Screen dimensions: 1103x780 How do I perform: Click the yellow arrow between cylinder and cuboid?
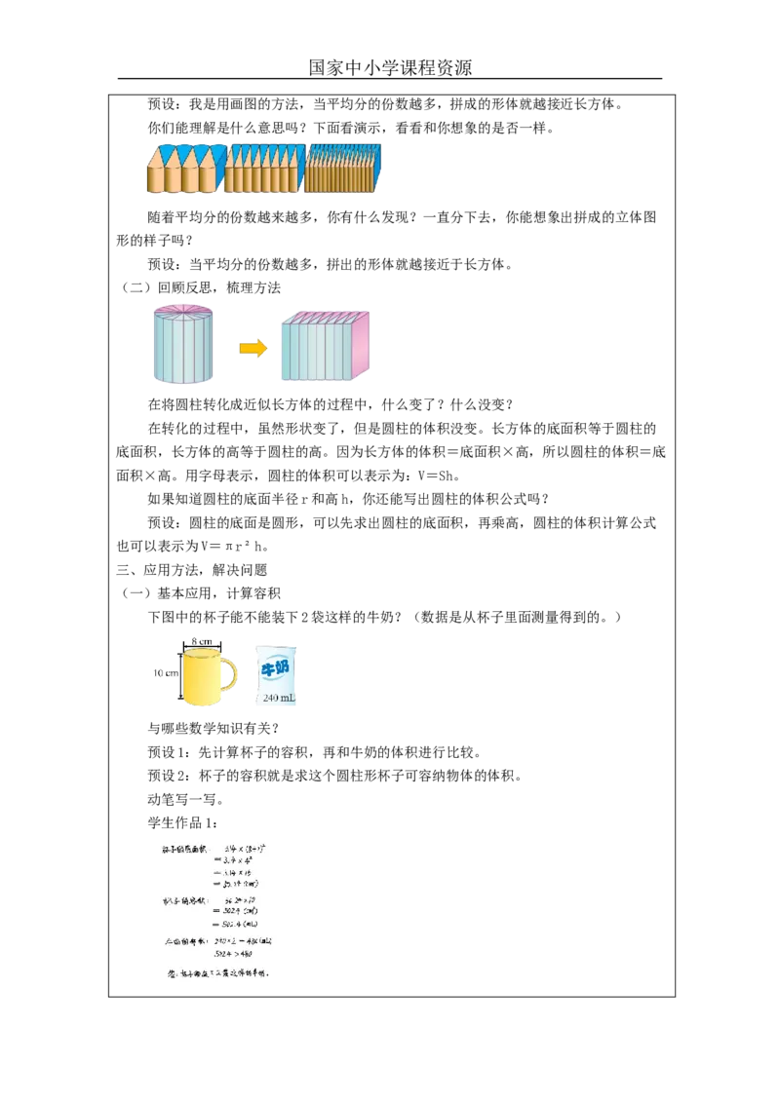253,349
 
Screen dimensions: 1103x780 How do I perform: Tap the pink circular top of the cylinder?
183,310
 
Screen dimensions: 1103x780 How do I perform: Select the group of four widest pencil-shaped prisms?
184,169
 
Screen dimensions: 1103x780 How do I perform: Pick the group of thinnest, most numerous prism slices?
342,168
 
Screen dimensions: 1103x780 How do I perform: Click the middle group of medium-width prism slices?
265,168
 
